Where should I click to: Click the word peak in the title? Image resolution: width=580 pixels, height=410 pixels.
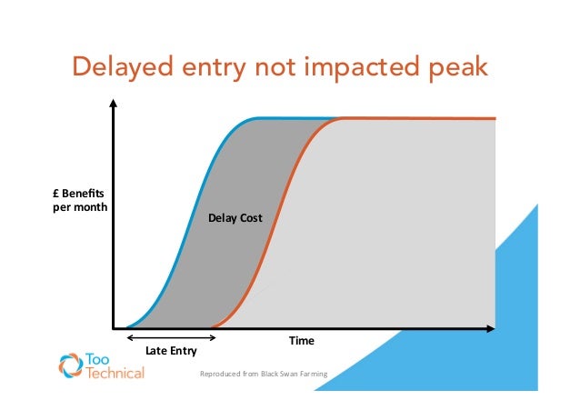[x=453, y=68]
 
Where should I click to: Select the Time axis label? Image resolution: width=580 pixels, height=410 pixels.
[x=301, y=341]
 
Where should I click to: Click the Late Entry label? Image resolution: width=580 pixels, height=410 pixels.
[x=171, y=350]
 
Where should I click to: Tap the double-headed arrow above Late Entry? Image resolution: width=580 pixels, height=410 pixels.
[x=171, y=337]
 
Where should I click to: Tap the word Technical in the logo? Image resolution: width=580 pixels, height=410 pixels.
[x=114, y=374]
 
